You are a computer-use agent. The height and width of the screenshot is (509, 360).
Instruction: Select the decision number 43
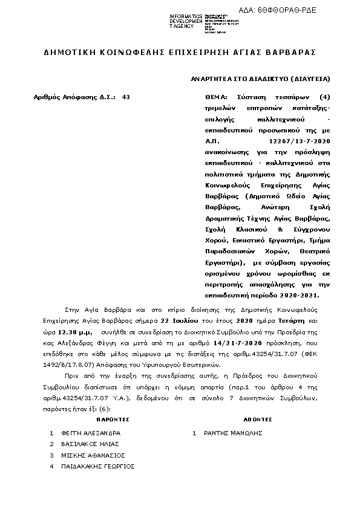click(x=126, y=97)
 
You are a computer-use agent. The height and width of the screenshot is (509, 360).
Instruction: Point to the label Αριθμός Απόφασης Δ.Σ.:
click(x=75, y=97)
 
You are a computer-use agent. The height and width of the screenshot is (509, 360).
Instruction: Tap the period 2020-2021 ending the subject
click(x=299, y=296)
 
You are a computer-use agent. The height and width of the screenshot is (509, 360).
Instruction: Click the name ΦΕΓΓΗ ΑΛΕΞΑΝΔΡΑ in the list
click(x=91, y=433)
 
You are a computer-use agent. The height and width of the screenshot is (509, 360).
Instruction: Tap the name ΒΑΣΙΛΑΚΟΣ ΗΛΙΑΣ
click(x=90, y=444)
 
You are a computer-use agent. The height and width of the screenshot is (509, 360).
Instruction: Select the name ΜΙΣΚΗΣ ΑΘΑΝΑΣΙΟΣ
click(x=93, y=455)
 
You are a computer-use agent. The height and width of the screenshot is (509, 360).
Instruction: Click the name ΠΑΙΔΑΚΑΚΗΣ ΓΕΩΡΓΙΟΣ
click(x=98, y=466)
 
